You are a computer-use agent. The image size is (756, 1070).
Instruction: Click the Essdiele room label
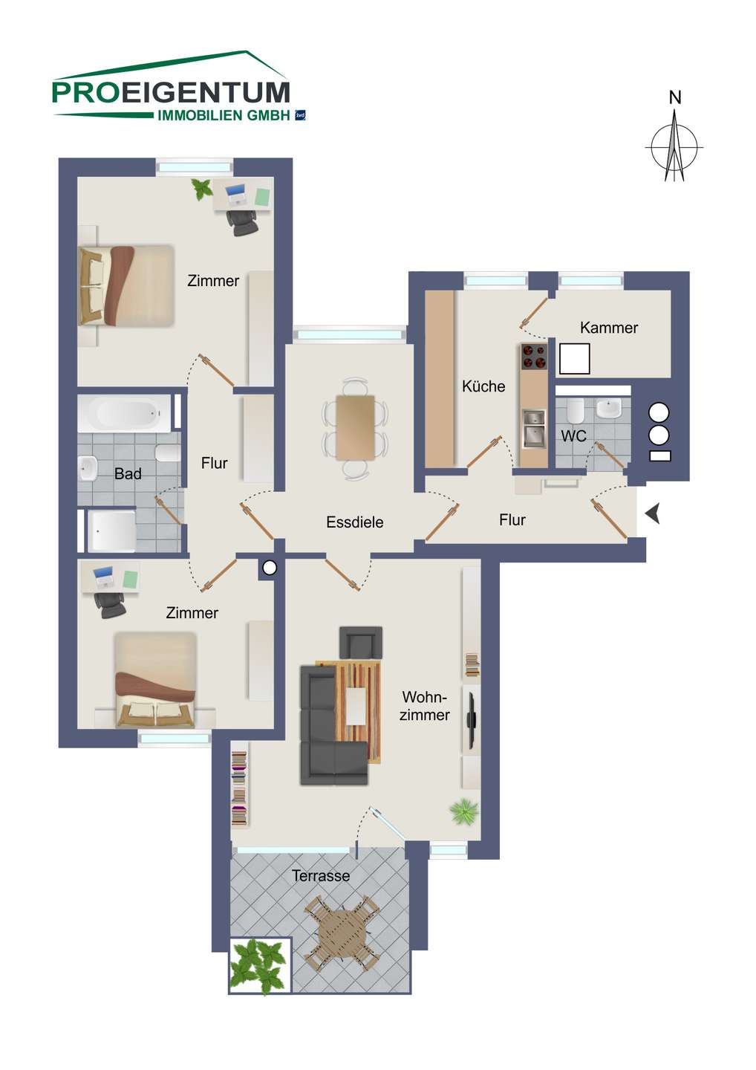tap(355, 522)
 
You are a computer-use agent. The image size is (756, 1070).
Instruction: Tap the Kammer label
tap(609, 328)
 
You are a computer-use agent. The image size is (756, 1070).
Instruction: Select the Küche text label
tap(483, 386)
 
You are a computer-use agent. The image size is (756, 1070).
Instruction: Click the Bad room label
tap(128, 474)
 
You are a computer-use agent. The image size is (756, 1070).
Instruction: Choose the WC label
tap(573, 435)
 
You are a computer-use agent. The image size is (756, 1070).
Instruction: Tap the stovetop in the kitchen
tap(534, 357)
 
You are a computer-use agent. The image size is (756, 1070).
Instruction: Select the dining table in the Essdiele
tap(355, 427)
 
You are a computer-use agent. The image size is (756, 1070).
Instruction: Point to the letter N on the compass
tap(675, 97)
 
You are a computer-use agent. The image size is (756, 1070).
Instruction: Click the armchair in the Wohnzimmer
tap(361, 643)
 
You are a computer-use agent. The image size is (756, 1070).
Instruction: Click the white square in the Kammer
tap(574, 359)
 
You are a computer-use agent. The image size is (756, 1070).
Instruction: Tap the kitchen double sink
tap(534, 429)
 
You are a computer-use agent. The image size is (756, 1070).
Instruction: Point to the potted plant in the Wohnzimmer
tap(464, 811)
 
